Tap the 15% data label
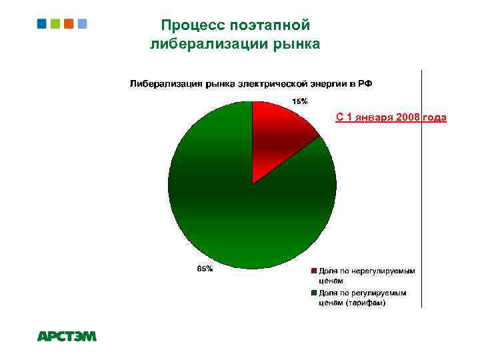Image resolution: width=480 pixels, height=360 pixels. point(299,101)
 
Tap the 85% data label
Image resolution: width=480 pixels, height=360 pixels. point(205,269)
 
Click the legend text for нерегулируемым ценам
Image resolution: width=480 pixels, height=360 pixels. point(367,276)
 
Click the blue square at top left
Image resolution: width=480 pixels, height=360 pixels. point(41,23)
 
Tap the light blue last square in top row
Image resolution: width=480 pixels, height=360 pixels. point(82,23)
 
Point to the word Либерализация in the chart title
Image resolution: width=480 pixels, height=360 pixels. point(166,84)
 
